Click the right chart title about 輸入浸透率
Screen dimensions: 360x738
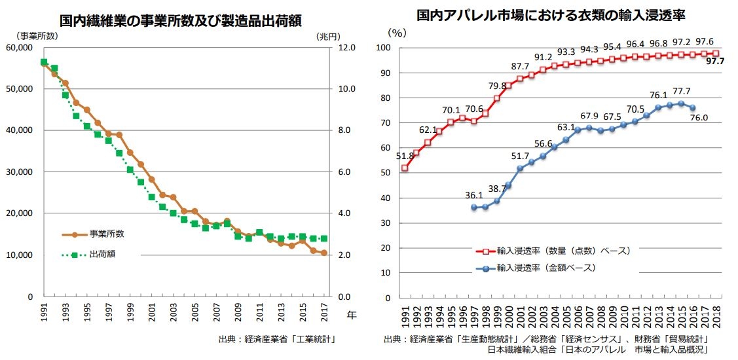555,14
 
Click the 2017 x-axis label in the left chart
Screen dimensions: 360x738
324,313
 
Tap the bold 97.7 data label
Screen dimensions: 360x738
714,62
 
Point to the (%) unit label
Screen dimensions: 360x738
396,31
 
